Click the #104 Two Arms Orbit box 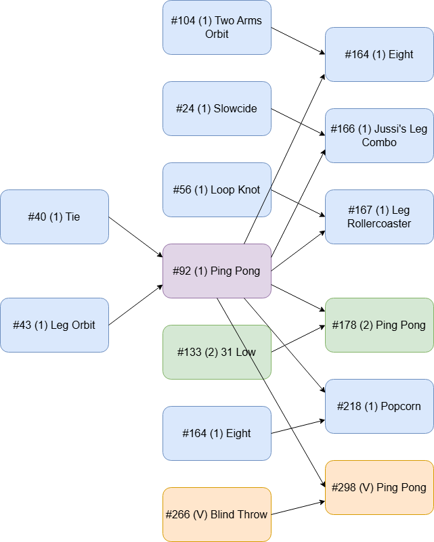point(217,27)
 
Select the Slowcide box point(217,108)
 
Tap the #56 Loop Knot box point(217,189)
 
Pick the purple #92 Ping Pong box point(217,271)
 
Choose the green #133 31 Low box point(217,352)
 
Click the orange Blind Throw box point(217,514)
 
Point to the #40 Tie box point(54,217)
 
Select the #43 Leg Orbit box point(54,325)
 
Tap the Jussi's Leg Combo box point(379,135)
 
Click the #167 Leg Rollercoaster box point(379,217)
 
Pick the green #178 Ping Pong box point(379,325)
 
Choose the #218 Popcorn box point(379,406)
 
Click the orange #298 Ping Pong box point(379,487)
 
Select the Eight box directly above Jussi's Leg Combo point(379,54)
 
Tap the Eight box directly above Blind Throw point(217,433)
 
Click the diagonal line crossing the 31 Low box point(248,353)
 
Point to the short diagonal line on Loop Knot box point(264,202)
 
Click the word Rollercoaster point(379,224)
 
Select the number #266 point(178,514)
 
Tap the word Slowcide point(236,108)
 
